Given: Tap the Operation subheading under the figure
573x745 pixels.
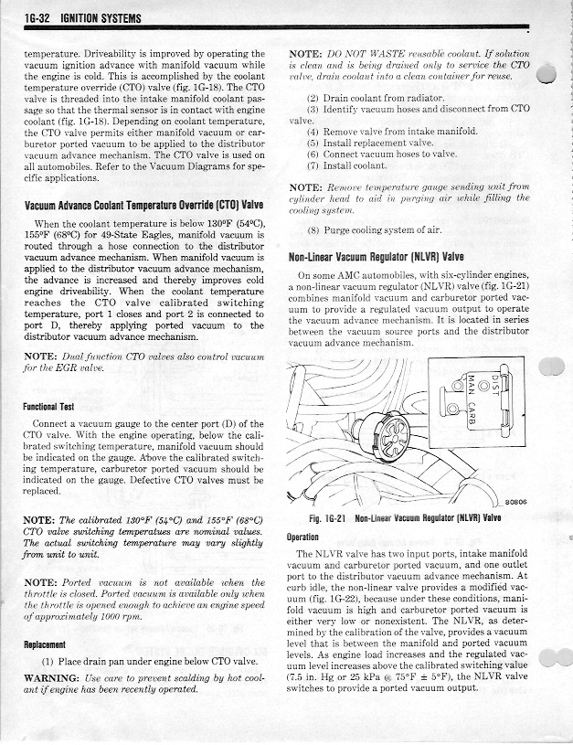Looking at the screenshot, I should point(308,537).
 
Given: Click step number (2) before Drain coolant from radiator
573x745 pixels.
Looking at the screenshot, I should point(313,96).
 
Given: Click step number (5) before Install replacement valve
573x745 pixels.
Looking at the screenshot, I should point(313,143).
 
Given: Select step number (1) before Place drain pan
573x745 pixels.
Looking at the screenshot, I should point(49,660).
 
